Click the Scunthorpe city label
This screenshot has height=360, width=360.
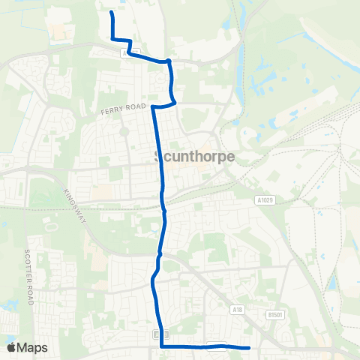click(193, 157)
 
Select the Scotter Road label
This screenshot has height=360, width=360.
click(31, 277)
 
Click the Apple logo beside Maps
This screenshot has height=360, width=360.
click(11, 347)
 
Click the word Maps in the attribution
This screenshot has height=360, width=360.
click(32, 347)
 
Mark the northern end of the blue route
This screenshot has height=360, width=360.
click(111, 13)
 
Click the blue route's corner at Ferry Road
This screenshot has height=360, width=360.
click(153, 107)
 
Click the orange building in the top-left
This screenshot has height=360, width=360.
click(57, 33)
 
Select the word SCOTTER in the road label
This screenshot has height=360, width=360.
click(31, 266)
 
